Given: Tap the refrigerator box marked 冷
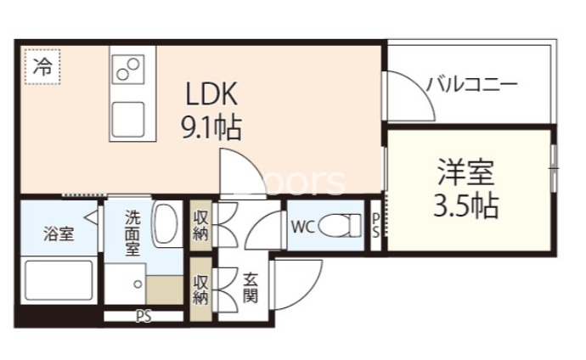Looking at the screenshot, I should (x=42, y=69).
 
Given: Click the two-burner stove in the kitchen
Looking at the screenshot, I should (x=130, y=70).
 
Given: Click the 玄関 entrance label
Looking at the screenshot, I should (x=252, y=289).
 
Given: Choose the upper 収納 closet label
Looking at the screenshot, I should (x=200, y=225).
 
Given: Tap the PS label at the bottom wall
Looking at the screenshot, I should (x=144, y=318).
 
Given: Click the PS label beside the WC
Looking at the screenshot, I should (x=376, y=226).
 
